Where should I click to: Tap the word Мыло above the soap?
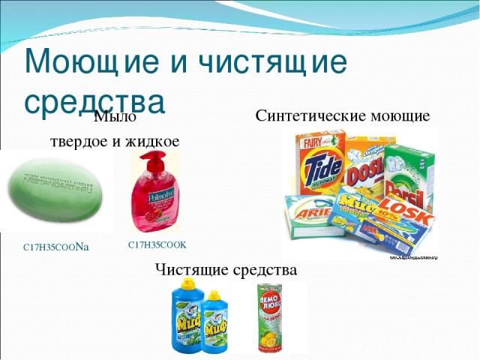(x=115, y=116)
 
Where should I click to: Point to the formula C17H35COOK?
(x=157, y=244)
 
